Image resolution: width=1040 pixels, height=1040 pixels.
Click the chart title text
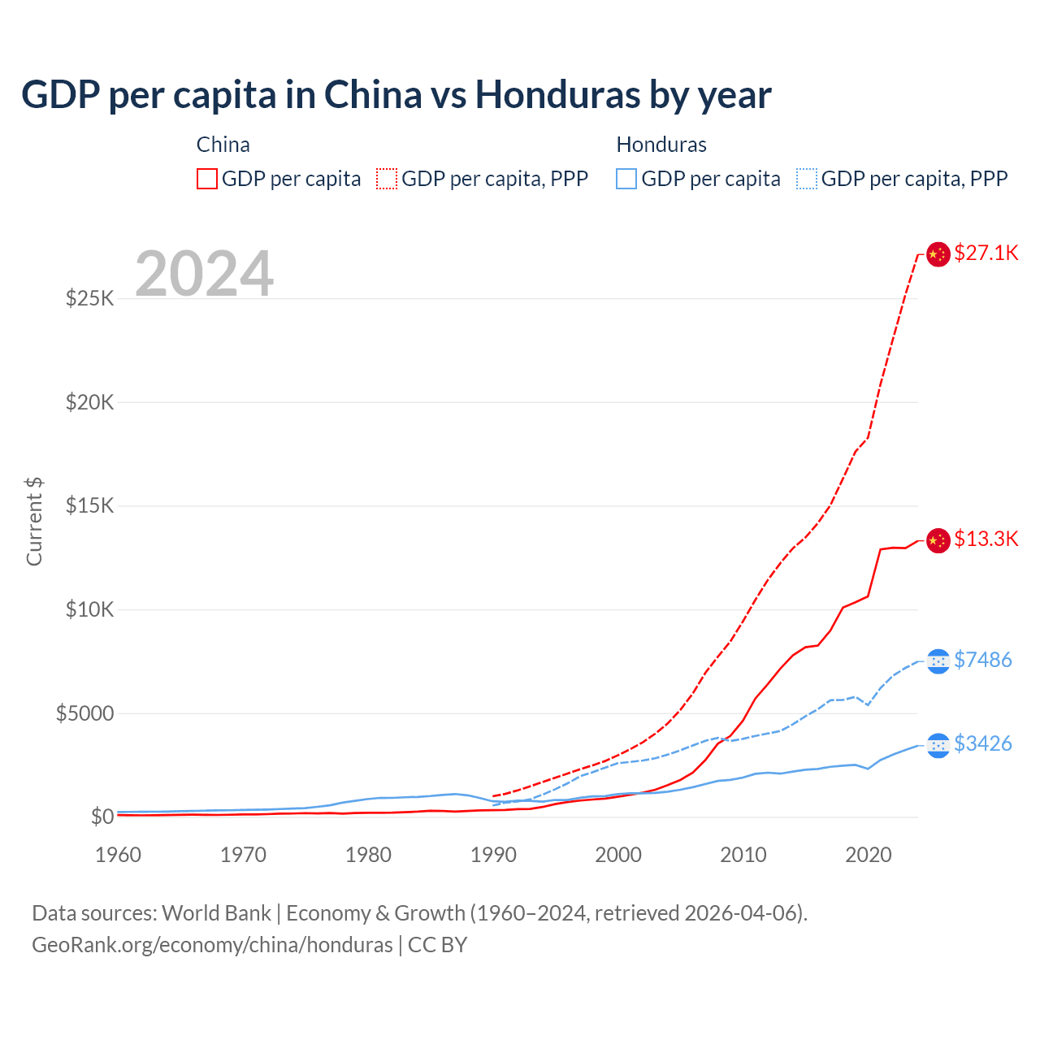point(396,95)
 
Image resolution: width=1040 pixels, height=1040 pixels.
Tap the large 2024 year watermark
point(204,275)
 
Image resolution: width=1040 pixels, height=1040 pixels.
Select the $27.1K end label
point(986,253)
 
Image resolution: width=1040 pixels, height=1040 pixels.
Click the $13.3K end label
point(986,539)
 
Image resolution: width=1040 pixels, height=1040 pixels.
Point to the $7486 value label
point(982,660)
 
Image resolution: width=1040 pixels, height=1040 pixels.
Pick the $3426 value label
point(982,743)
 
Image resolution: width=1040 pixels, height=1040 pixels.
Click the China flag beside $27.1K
point(938,254)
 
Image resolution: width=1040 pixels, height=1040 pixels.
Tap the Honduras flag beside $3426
point(938,745)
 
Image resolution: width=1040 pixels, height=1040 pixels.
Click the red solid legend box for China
point(207,179)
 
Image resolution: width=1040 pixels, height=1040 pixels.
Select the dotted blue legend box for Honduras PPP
point(807,179)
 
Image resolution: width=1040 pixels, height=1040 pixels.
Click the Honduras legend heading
point(661,145)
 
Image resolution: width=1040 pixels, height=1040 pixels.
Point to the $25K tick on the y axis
point(90,298)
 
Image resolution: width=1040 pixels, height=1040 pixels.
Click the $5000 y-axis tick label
point(84,713)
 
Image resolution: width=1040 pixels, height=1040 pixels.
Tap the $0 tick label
point(102,817)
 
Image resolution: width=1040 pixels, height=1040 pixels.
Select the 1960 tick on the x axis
point(119,855)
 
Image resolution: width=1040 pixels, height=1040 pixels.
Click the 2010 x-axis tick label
point(743,855)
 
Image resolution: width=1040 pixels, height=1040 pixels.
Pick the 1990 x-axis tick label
point(493,855)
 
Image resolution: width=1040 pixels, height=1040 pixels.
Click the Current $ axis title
point(34,522)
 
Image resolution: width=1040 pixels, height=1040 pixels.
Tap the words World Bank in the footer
point(216,913)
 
